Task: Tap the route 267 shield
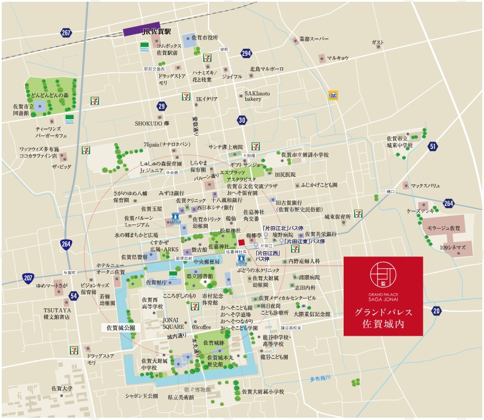point(66,33)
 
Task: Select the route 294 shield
point(246,54)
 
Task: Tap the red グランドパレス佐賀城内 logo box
point(383,296)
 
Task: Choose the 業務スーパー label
point(314,39)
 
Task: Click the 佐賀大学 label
point(62,388)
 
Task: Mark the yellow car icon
point(333,94)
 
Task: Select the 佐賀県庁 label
point(157,282)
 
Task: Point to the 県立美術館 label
point(181,397)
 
